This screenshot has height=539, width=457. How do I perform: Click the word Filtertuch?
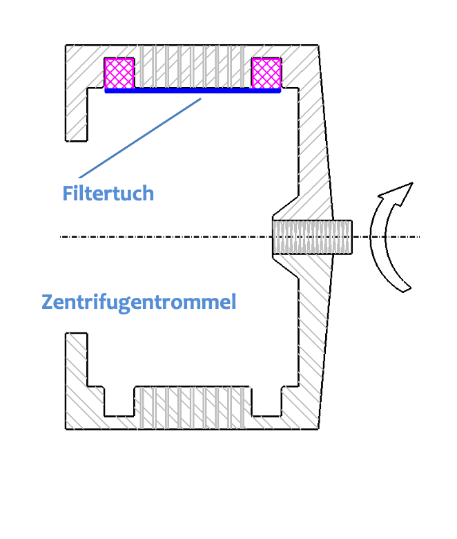108,193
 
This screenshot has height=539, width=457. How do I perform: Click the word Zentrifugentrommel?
139,302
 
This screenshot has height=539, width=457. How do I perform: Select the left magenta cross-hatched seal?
119,73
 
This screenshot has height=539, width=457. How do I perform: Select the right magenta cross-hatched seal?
266,73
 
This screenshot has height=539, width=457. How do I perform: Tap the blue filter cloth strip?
193,90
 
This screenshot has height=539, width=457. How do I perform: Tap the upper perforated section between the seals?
193,66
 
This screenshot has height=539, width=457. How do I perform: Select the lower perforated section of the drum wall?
193,408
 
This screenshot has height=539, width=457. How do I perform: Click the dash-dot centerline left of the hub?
166,237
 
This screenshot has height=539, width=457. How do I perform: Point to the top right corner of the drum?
318,46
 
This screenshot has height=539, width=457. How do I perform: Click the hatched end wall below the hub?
312,332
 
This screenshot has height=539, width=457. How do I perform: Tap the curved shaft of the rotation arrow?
379,242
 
